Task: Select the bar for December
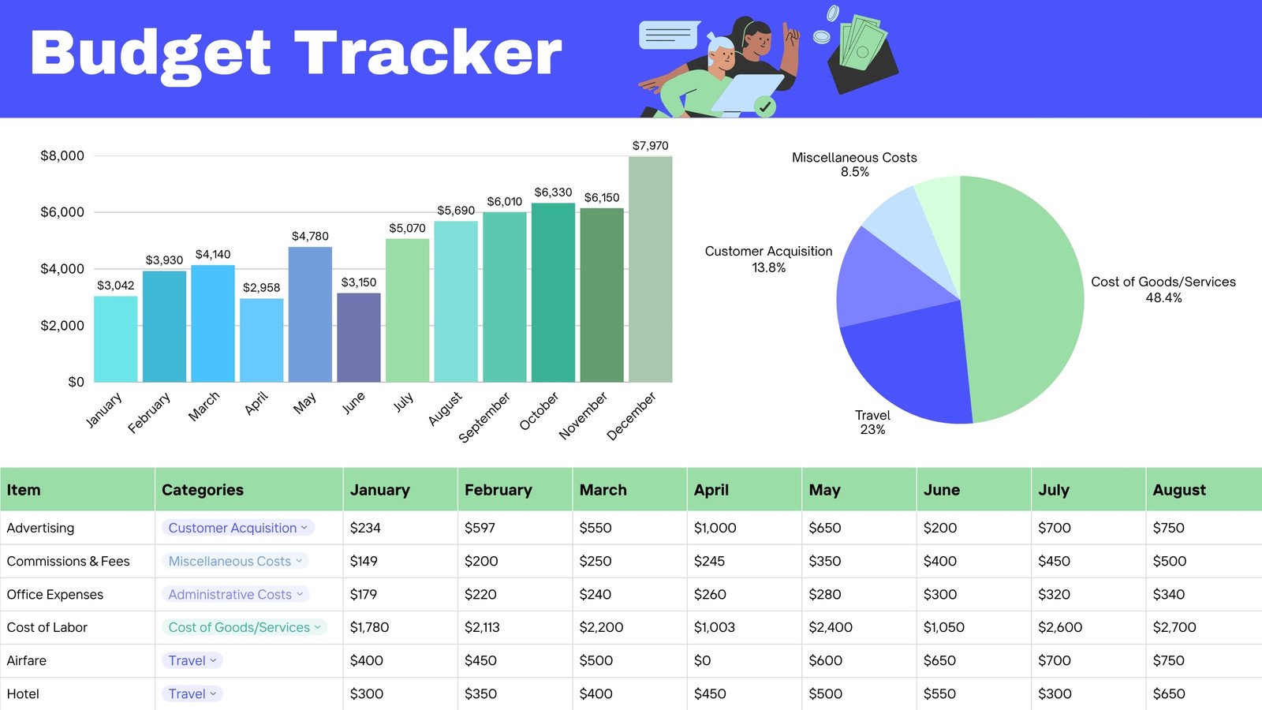[650, 269]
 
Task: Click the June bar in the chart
[359, 338]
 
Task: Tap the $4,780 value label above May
[310, 236]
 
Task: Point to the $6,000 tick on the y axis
[62, 212]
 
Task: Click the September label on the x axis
[484, 417]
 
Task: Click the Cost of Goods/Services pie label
[1163, 290]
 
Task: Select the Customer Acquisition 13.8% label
[768, 259]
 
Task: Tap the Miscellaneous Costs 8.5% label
[854, 164]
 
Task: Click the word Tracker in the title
[428, 54]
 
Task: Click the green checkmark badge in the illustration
[764, 106]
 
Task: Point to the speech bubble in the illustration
[668, 35]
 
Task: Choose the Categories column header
[203, 490]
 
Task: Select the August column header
[1178, 490]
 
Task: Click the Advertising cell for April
[715, 528]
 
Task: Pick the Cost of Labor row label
[47, 627]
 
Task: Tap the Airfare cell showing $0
[702, 660]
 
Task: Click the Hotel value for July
[1055, 693]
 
